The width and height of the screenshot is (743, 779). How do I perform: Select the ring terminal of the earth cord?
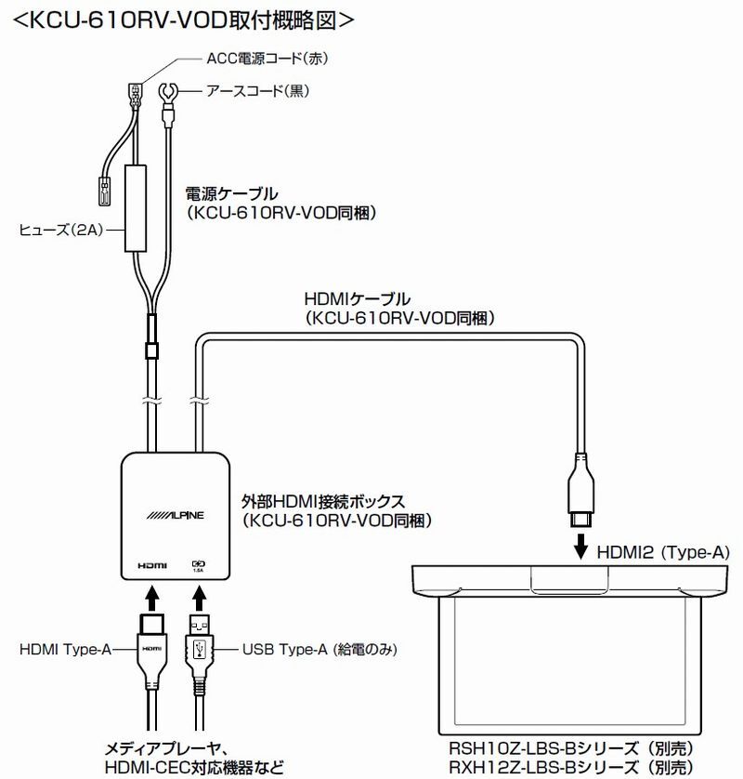tap(169, 94)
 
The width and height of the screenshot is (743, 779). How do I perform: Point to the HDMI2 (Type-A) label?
tap(665, 552)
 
